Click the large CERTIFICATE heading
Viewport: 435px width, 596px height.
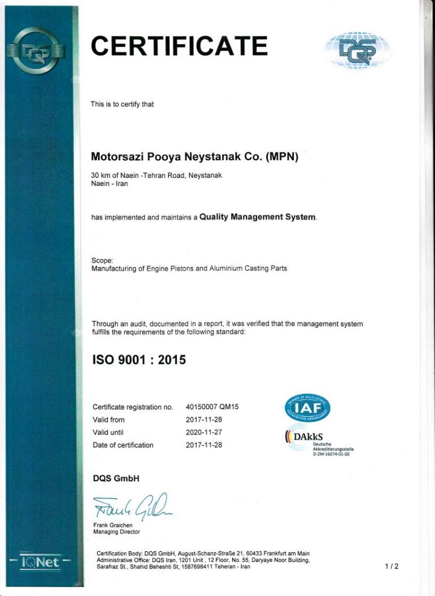point(179,46)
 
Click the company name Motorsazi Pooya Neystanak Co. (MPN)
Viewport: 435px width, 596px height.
point(194,156)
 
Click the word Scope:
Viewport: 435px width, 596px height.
point(102,260)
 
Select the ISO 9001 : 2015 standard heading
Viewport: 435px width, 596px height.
point(139,359)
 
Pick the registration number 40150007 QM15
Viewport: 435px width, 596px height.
point(212,407)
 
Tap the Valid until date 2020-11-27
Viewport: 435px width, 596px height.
point(204,432)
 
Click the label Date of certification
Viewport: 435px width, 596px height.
point(123,445)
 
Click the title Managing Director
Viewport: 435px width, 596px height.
point(116,532)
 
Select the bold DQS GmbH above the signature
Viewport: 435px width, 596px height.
point(116,479)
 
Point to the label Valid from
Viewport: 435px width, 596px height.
point(108,420)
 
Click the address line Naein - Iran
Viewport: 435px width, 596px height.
point(109,184)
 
